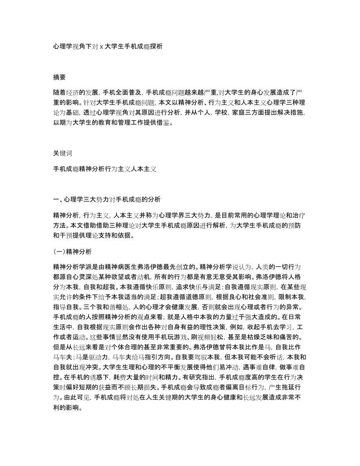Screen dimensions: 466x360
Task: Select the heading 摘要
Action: click(59, 77)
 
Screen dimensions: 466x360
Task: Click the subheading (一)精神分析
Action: click(73, 252)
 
